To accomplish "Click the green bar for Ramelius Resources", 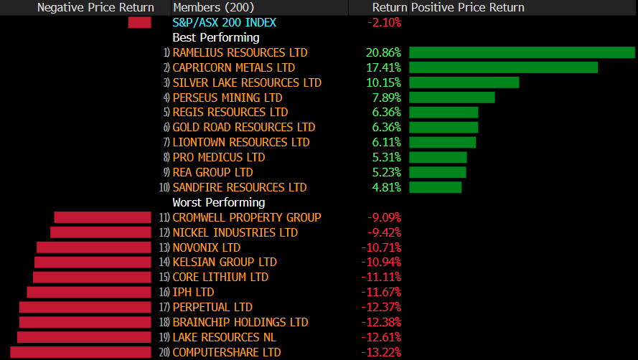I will (522, 52).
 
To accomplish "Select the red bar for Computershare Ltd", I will (80, 352).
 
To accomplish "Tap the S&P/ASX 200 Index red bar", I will (139, 22).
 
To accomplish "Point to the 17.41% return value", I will (383, 67).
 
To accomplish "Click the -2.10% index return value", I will (384, 22).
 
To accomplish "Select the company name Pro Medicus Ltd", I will (219, 157).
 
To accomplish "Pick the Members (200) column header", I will (211, 7).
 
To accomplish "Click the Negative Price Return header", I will (95, 7).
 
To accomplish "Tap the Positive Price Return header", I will (467, 7).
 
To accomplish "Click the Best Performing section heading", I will (216, 37).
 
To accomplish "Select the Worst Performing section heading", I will (219, 202).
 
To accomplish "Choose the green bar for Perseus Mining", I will (452, 98).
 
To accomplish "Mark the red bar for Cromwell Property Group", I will (103, 217).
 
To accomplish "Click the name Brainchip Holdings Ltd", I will (240, 322).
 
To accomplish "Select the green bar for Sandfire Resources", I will (435, 187).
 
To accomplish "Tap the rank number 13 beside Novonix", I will (164, 247).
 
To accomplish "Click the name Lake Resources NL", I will (225, 337).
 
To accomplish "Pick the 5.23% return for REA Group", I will (383, 172).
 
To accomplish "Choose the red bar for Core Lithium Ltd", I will (92, 277).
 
